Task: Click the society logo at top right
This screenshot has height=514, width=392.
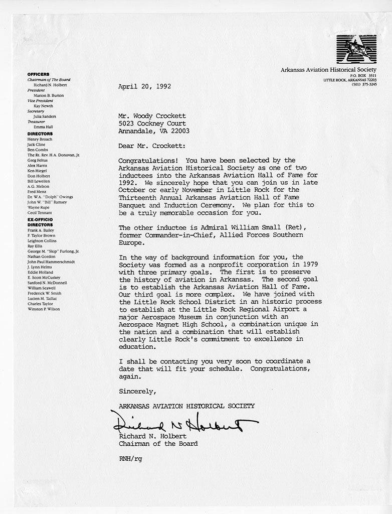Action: coord(356,49)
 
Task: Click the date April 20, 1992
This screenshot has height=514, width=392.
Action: coord(144,86)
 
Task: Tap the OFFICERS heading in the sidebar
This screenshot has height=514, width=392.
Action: coord(38,74)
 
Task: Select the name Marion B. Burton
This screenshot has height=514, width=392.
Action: coord(49,95)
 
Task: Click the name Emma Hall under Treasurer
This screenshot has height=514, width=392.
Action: coord(43,127)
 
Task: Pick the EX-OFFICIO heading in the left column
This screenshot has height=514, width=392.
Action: coord(41,220)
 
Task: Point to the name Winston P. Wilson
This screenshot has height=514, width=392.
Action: coord(44,309)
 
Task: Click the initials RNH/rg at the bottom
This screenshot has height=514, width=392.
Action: coord(130,458)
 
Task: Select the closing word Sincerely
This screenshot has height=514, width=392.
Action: coord(137,391)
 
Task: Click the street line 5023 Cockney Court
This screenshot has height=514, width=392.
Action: coord(152,123)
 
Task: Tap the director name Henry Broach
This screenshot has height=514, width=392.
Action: coord(40,139)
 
